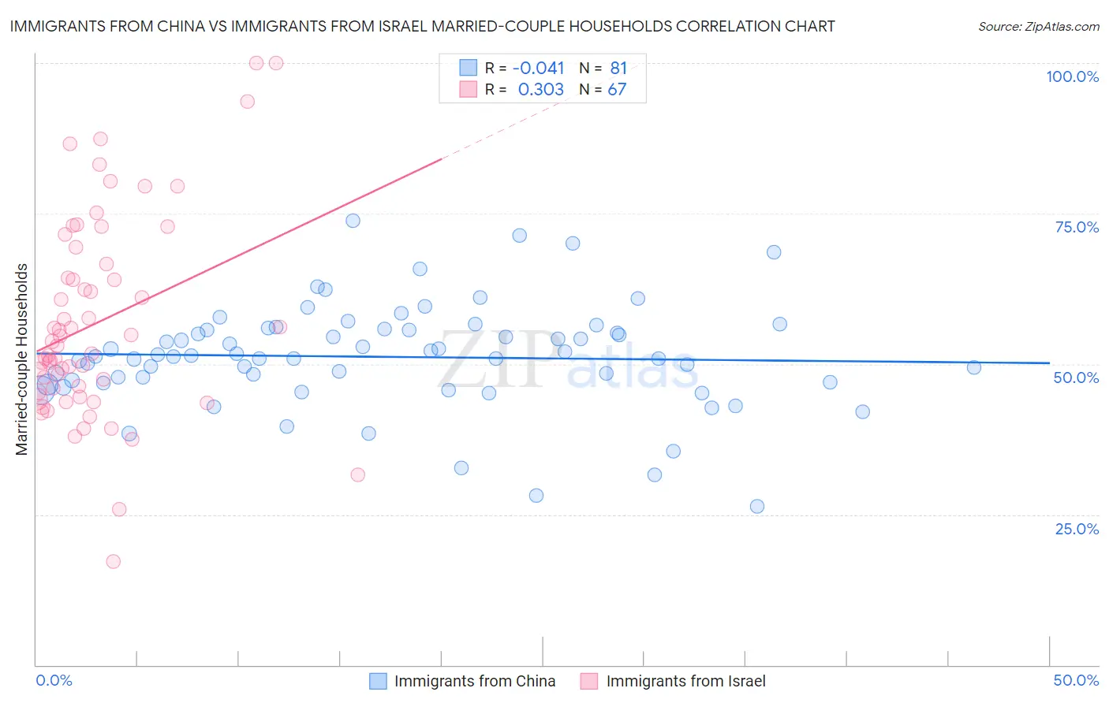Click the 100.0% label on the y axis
pos(1072,76)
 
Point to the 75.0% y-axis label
pos(1077,227)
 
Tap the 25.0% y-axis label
pos(1077,529)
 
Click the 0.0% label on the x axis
pos(54,680)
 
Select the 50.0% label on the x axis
pos(1076,680)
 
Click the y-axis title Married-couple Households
pos(22,359)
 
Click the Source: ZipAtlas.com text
pos(1038,27)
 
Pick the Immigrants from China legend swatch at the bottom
pos(379,681)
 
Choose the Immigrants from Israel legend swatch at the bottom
pos(589,681)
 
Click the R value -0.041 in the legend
pos(539,68)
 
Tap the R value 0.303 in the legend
pos(540,89)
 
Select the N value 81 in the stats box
pos(618,68)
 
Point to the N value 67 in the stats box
pos(617,89)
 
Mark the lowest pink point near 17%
pos(113,561)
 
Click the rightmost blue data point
pos(973,367)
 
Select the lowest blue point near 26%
pos(757,506)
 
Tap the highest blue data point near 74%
pos(353,221)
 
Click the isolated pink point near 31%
pos(357,474)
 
